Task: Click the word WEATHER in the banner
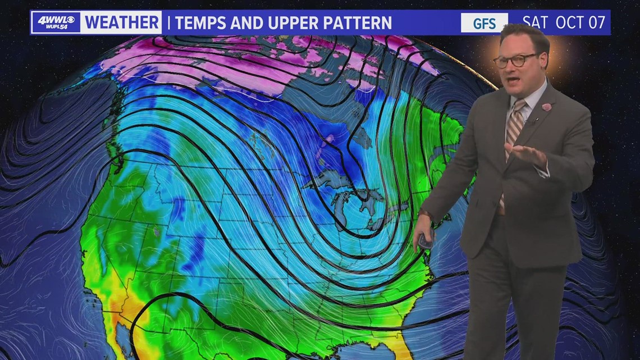(x=122, y=22)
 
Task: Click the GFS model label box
(x=484, y=22)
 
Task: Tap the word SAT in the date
(x=535, y=22)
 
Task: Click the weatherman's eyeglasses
(x=514, y=60)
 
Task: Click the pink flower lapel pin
(x=546, y=107)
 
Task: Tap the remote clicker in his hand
(x=424, y=240)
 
